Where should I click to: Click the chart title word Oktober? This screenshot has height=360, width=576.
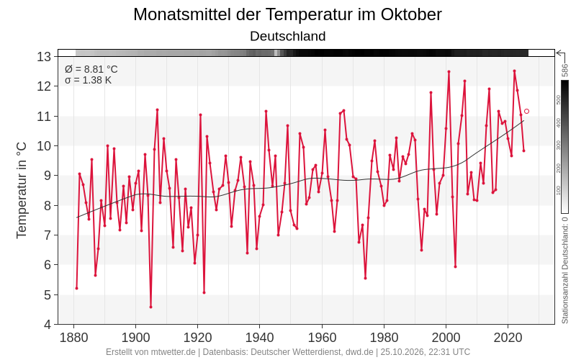(x=411, y=14)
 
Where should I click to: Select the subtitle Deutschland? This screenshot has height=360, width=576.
(x=287, y=37)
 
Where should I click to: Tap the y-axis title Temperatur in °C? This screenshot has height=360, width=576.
(x=22, y=190)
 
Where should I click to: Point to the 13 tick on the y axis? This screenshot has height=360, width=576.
(x=44, y=57)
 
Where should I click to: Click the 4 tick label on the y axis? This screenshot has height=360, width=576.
(x=48, y=325)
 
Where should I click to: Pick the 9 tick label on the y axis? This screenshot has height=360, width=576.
(x=48, y=176)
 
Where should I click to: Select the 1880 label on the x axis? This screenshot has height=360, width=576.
(x=74, y=337)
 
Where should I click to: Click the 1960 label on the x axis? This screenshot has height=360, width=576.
(x=322, y=337)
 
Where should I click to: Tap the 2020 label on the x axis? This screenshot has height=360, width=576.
(x=508, y=337)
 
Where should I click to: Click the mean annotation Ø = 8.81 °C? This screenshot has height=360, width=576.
(x=91, y=69)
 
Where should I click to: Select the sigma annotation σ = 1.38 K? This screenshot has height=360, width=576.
(x=88, y=80)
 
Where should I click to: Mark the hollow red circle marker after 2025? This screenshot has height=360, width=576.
(x=526, y=112)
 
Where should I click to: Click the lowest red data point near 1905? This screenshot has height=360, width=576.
(x=151, y=307)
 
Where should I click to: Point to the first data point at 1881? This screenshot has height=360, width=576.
(x=77, y=288)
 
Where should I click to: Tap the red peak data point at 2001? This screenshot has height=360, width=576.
(x=449, y=71)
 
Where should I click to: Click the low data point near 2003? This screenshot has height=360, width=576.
(x=455, y=266)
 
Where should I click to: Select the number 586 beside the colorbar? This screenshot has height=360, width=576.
(x=565, y=70)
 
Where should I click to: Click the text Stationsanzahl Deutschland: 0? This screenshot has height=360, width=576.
(x=565, y=270)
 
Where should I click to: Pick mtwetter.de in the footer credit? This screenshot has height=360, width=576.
(x=173, y=352)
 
